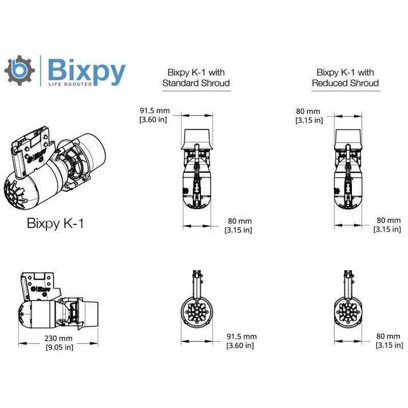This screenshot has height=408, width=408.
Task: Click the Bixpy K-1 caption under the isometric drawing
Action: (55, 223)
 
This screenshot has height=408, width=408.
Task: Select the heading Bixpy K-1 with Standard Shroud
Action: (196, 78)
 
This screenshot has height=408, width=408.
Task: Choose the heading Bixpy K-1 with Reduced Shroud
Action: (345, 78)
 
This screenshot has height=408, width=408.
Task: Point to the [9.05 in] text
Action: (60, 346)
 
